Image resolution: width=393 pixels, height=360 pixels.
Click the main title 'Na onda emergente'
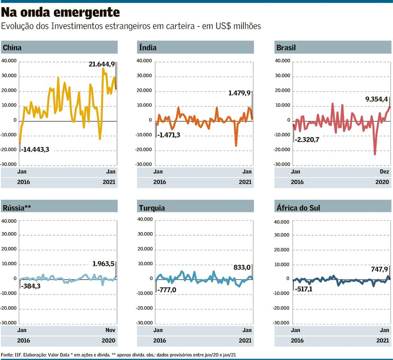pyautogui.click(x=60, y=13)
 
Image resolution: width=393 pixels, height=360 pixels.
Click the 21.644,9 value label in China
pyautogui.click(x=101, y=64)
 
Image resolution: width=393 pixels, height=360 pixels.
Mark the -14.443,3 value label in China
pyautogui.click(x=35, y=149)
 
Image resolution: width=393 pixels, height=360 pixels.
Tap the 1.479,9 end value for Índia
pyautogui.click(x=239, y=93)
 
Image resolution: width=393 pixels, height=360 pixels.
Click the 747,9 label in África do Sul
pyautogui.click(x=380, y=269)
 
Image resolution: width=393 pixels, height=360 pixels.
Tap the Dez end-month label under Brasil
pyautogui.click(x=384, y=172)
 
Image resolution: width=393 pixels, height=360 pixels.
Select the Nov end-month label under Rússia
pyautogui.click(x=111, y=330)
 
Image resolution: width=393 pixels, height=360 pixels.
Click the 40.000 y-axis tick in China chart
pyautogui.click(x=9, y=61)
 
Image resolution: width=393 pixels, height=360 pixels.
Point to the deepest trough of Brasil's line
pyautogui.click(x=375, y=154)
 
